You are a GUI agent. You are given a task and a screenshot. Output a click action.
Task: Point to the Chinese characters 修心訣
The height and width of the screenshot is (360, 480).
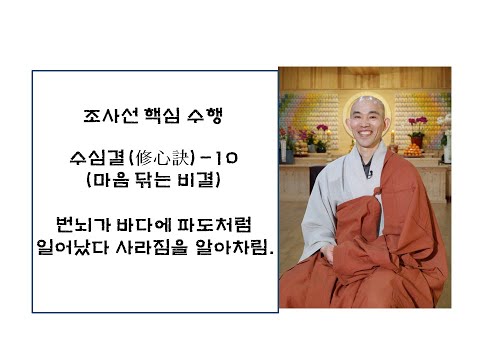pos(160,161)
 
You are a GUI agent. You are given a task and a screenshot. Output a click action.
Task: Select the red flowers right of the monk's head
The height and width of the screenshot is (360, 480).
pos(417,126)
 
